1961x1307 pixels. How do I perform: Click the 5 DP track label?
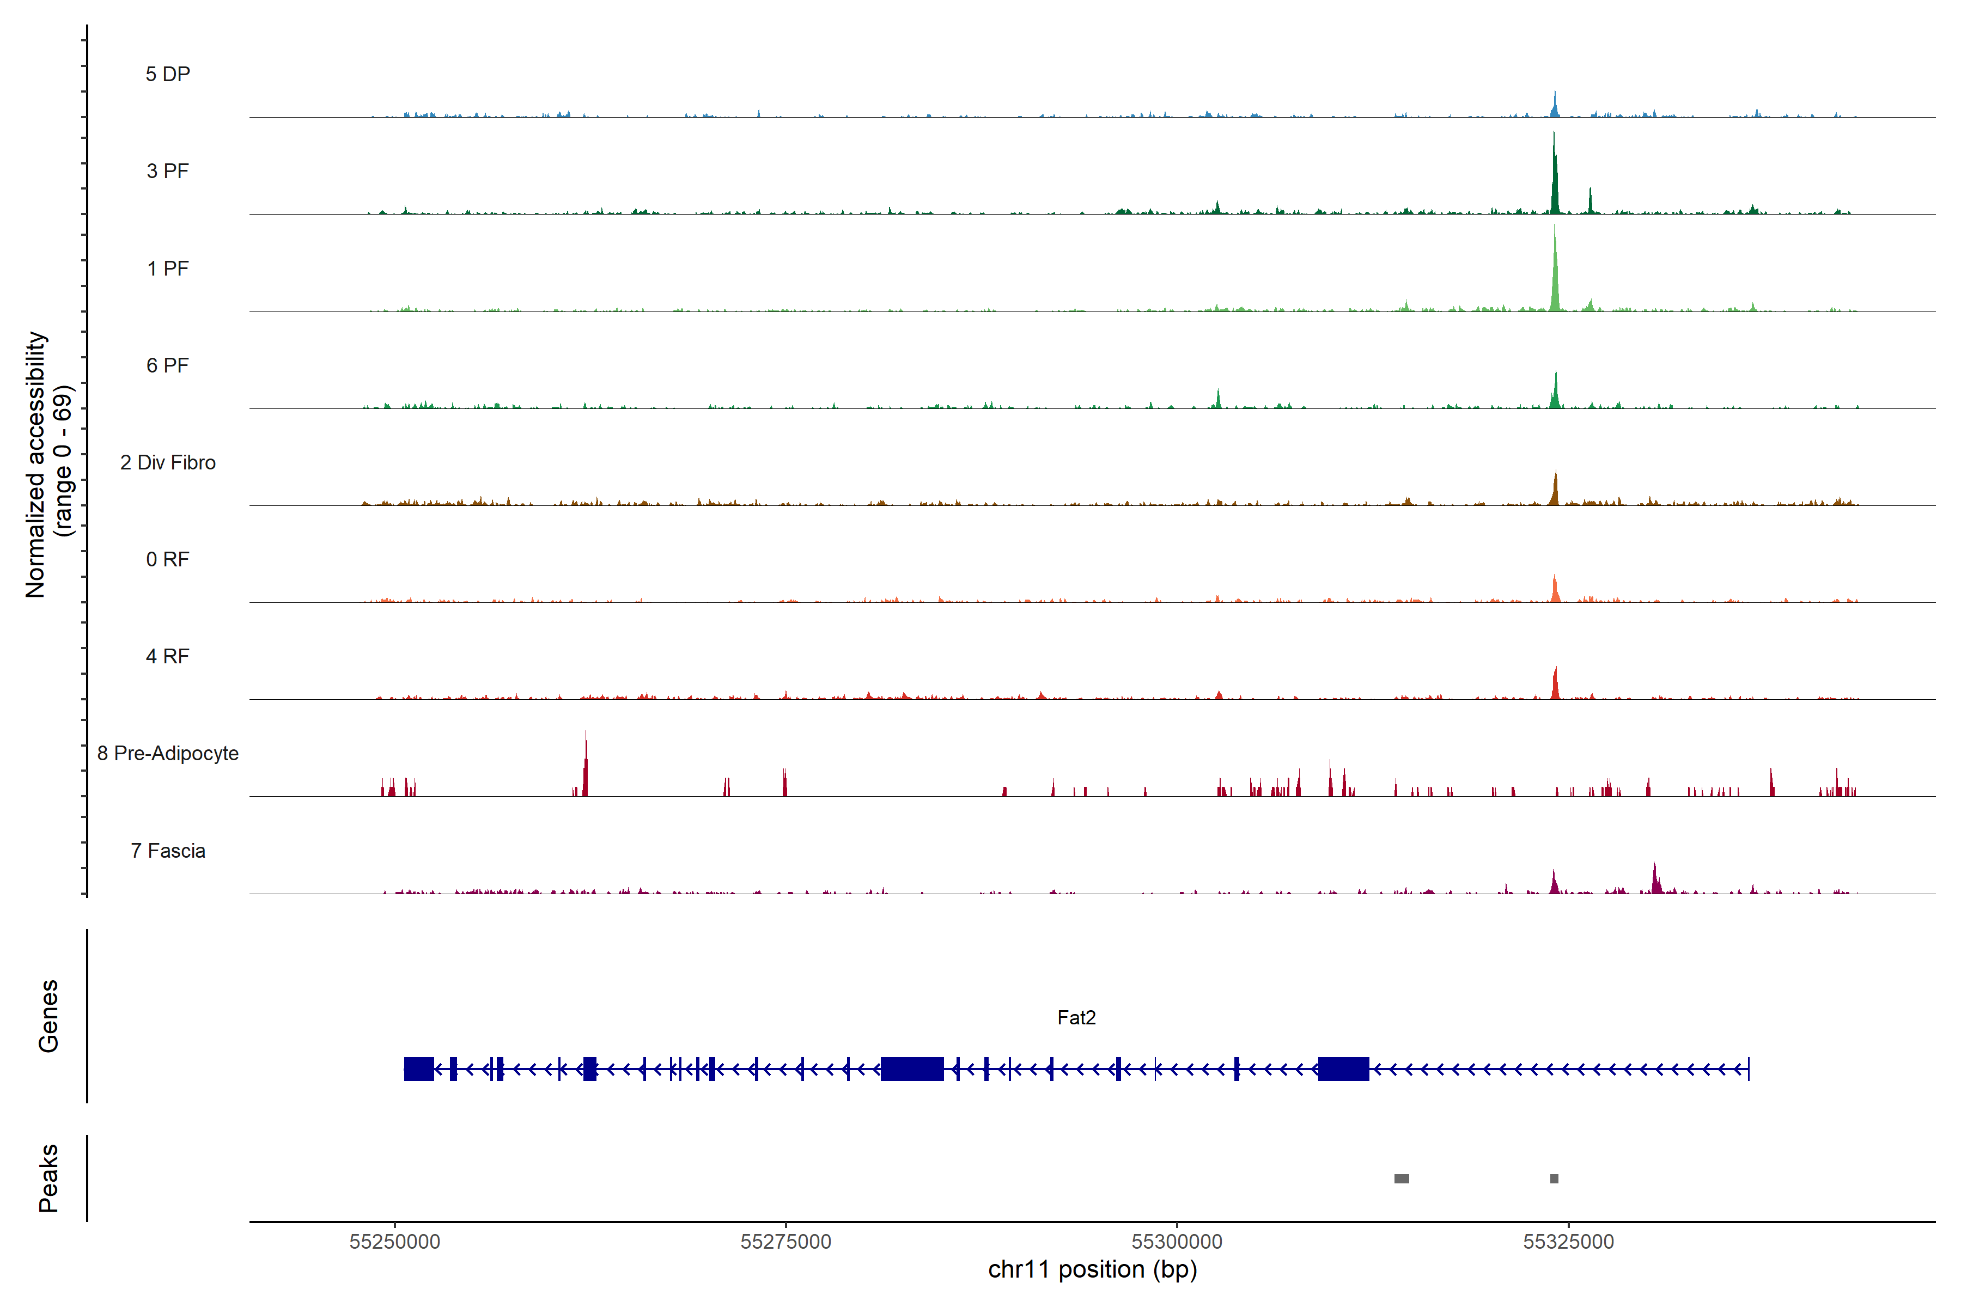(168, 74)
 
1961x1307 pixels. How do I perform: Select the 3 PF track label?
(168, 171)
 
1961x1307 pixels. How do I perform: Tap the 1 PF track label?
(168, 268)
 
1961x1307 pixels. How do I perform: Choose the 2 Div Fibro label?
(168, 462)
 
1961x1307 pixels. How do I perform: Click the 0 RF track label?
(168, 559)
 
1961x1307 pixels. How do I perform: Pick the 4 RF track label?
(168, 656)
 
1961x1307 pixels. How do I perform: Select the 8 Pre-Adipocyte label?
(168, 754)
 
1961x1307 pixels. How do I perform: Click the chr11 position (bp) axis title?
(1092, 1269)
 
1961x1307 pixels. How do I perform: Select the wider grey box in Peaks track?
(1402, 1178)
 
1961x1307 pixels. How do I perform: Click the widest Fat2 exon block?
(912, 1068)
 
